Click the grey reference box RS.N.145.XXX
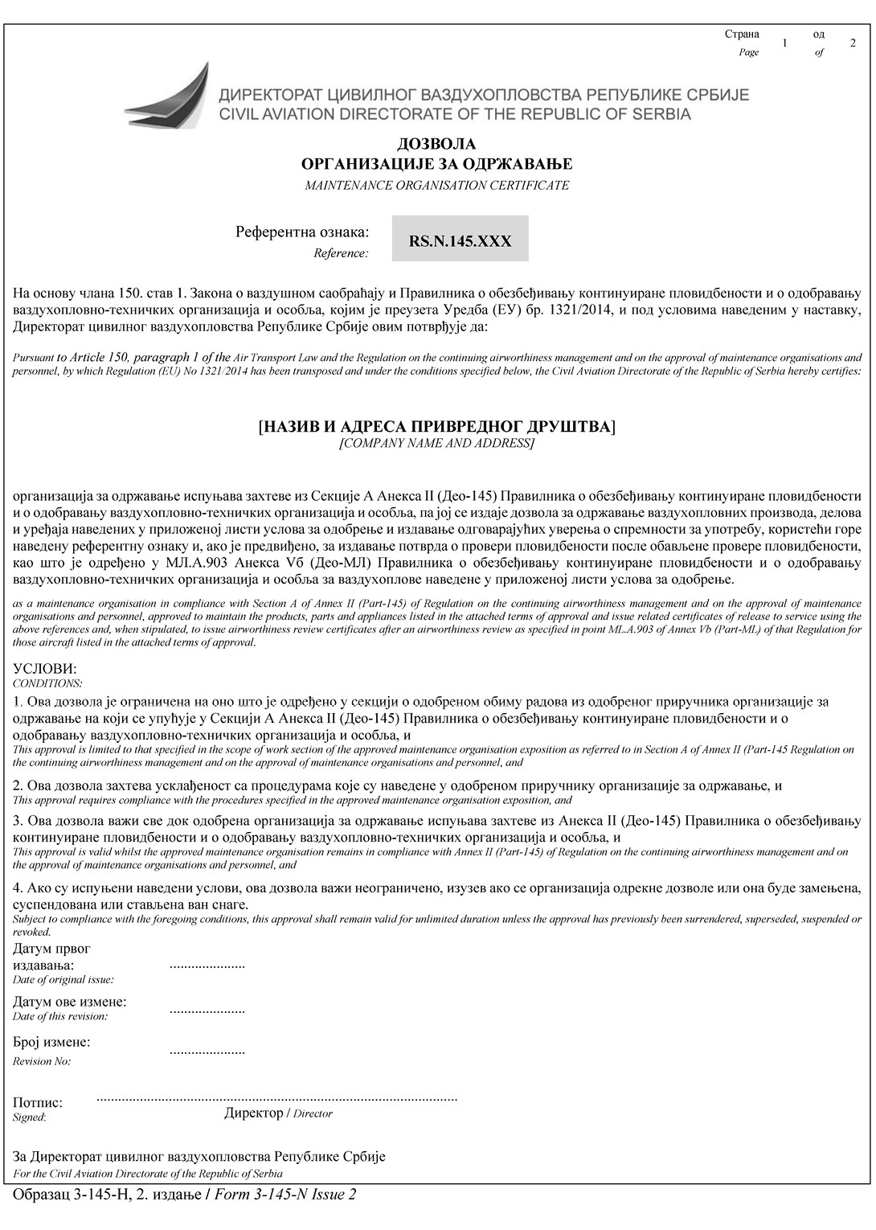tap(460, 239)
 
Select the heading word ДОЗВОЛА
tap(436, 144)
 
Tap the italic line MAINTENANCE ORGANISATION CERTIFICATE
tap(436, 185)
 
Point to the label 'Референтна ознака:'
tap(302, 232)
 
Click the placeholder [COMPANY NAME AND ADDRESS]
tap(436, 443)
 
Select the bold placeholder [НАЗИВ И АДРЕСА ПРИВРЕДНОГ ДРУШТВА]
tap(436, 426)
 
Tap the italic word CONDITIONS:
tap(47, 683)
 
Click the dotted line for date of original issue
tap(207, 965)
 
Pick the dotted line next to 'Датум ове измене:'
tap(207, 1010)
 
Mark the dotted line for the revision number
tap(207, 1051)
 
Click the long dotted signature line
tap(276, 1097)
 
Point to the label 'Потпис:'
tap(38, 1103)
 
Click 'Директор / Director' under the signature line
tap(278, 1113)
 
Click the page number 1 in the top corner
tap(784, 43)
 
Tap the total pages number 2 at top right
tap(853, 43)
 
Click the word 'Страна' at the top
tap(742, 34)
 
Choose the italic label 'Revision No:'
tap(42, 1061)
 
